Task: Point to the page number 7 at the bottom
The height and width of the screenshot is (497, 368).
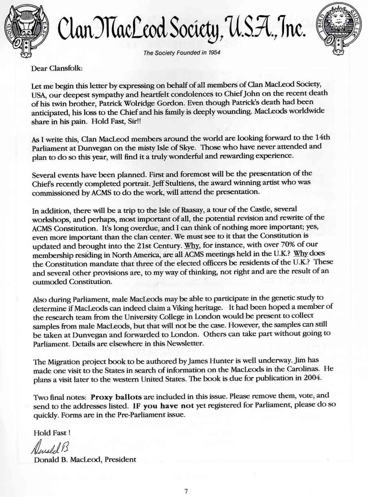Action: (x=186, y=491)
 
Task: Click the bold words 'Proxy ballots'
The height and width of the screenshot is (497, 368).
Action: (x=116, y=397)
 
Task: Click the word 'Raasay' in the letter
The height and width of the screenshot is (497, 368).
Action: (x=192, y=210)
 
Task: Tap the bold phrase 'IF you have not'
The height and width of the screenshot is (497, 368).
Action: (x=163, y=406)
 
